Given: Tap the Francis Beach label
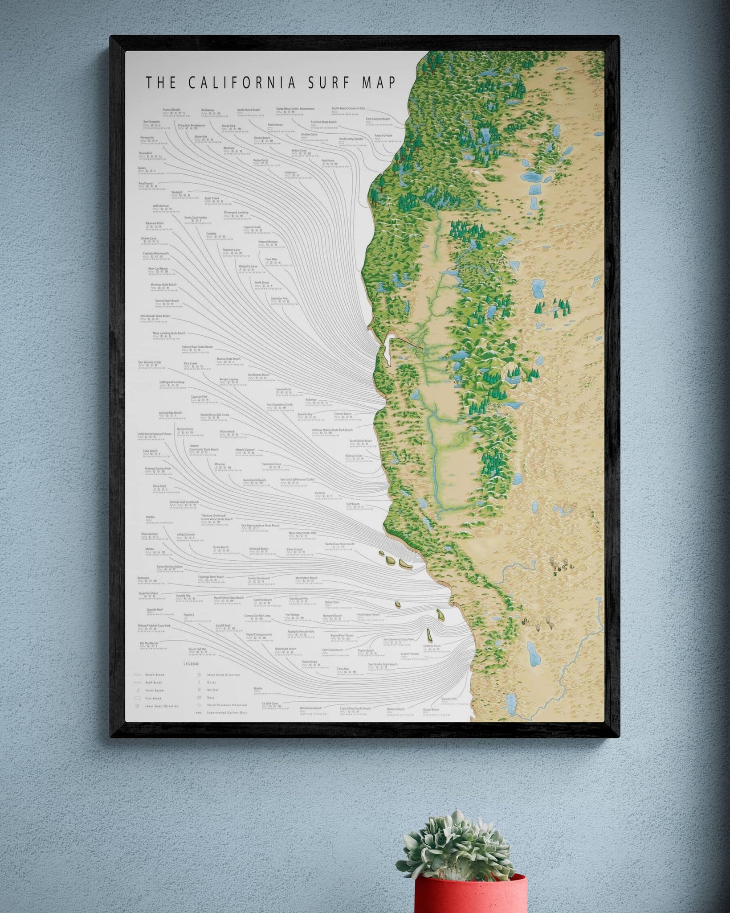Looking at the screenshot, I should (171, 110).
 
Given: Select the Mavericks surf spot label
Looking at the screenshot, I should (201, 136).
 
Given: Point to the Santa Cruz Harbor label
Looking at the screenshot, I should (196, 218).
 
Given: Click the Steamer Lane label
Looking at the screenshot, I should (232, 250).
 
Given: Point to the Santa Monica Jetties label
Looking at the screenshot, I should (170, 567).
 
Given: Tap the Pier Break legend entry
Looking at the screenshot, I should (153, 699).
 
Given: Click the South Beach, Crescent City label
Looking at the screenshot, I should (348, 108).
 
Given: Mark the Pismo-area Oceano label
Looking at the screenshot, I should (320, 493).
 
